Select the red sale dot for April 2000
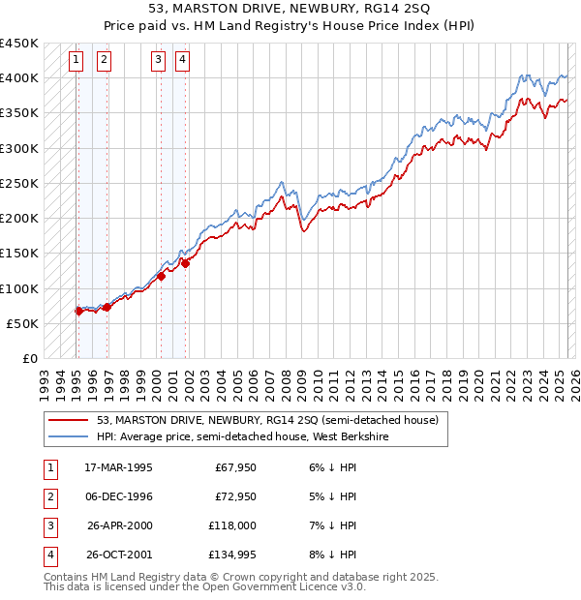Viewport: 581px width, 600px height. (x=161, y=276)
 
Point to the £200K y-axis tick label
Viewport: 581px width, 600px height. (x=19, y=218)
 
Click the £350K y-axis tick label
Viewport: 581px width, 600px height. (x=19, y=113)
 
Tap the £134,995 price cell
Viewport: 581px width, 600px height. (x=229, y=555)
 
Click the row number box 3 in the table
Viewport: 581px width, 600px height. (x=48, y=525)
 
